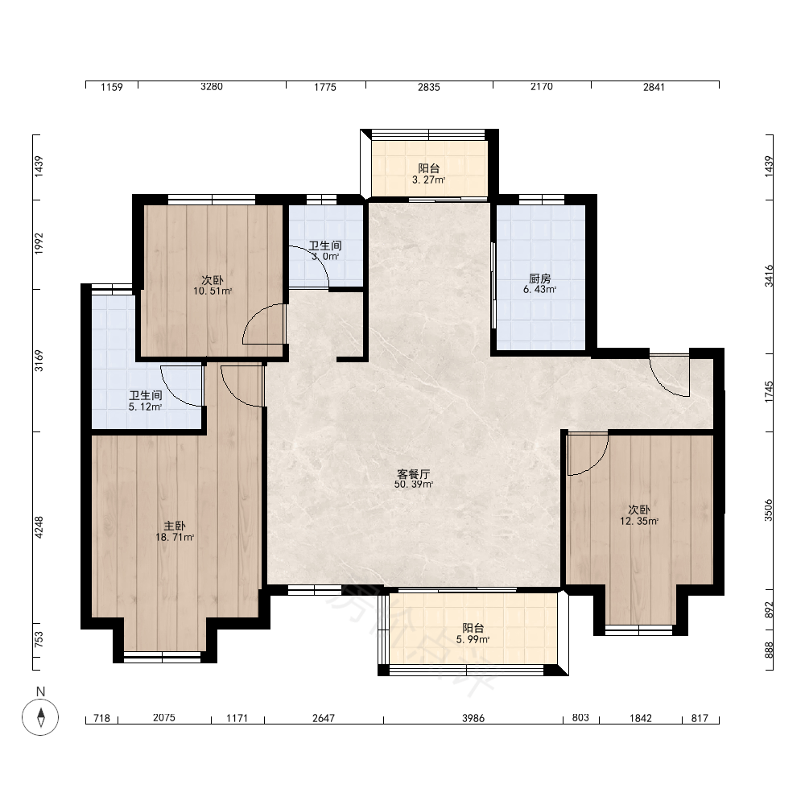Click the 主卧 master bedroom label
[x=175, y=526]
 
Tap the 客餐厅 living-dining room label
[x=413, y=473]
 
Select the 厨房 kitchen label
[x=539, y=279]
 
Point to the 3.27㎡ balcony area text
[x=429, y=180]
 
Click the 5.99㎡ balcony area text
[x=473, y=640]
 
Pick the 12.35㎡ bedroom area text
[x=639, y=521]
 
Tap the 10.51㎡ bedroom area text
[x=213, y=291]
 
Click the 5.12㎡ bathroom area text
[x=145, y=407]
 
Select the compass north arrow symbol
[x=40, y=716]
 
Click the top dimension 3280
[x=212, y=87]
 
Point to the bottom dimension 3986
[x=473, y=718]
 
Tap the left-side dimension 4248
[x=39, y=527]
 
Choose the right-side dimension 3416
[x=769, y=275]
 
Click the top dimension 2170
[x=542, y=87]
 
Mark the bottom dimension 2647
[x=324, y=718]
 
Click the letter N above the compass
[x=40, y=691]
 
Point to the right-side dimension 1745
[x=769, y=392]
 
